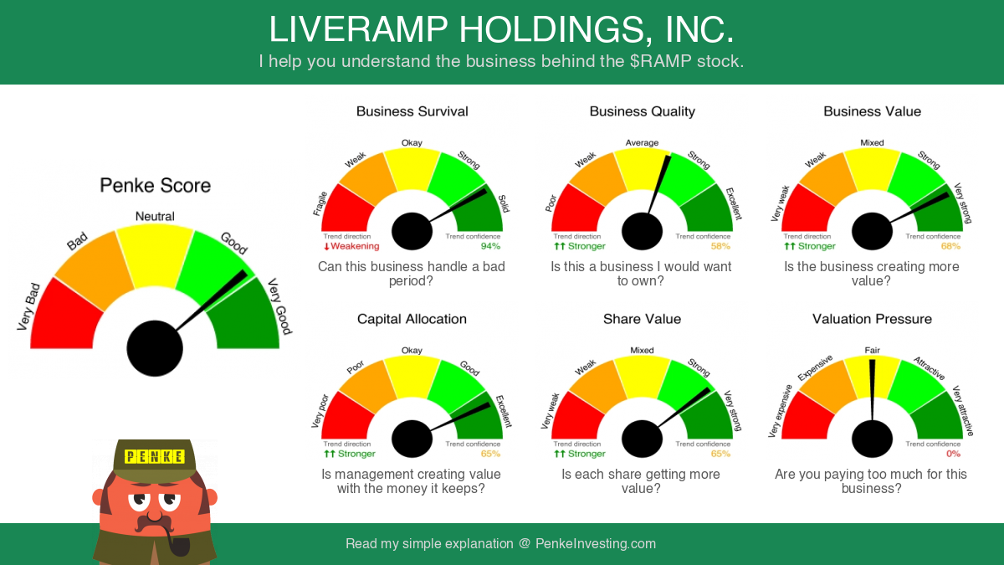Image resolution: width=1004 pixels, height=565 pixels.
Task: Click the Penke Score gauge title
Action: (x=155, y=186)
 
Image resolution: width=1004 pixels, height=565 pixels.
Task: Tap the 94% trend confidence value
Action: (x=490, y=246)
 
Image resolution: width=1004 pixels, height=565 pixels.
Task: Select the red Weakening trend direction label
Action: (x=351, y=246)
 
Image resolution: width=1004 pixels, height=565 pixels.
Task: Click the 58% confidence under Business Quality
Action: (x=720, y=246)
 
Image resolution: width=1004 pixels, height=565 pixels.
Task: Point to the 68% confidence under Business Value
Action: (x=950, y=246)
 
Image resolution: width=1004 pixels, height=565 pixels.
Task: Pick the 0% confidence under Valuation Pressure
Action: (x=953, y=454)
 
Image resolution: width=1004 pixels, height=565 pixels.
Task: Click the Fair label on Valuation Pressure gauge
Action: (x=872, y=350)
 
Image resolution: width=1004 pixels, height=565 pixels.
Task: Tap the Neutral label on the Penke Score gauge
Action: (x=155, y=217)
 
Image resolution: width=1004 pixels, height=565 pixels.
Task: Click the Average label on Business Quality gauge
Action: (x=642, y=143)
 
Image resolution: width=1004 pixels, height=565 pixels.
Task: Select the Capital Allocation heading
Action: (x=412, y=319)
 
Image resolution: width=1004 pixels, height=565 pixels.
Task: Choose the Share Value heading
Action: (x=642, y=319)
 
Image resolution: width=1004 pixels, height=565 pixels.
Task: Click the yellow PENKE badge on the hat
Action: (x=154, y=456)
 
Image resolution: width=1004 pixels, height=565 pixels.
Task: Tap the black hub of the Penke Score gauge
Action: (x=155, y=348)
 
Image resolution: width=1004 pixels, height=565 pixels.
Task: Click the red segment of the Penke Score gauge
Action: (x=64, y=316)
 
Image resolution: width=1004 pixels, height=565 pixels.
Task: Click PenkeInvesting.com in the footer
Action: (x=596, y=543)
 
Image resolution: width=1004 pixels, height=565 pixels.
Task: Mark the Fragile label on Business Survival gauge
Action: (x=320, y=204)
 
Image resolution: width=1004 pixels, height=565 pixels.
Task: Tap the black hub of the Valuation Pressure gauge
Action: (x=872, y=439)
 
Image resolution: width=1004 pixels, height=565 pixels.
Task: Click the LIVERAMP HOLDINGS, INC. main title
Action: (x=501, y=29)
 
